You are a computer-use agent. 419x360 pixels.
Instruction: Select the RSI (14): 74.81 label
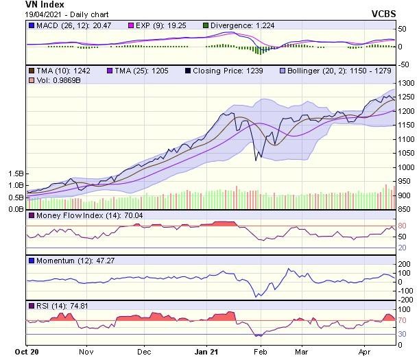58,305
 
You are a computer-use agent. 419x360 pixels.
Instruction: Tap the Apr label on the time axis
365,352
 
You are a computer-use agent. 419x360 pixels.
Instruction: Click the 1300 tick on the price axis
405,83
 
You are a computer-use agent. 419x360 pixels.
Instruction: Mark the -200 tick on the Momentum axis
406,300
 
